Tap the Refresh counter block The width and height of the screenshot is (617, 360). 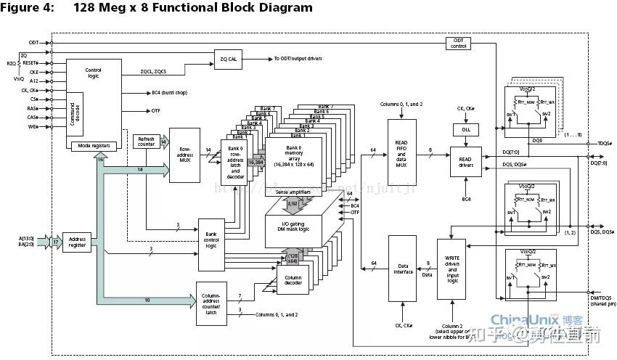[147, 142]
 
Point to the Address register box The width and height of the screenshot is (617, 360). [78, 242]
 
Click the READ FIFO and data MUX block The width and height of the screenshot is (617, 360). [401, 152]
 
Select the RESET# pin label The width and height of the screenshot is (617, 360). [30, 63]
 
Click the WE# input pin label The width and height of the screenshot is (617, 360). [33, 128]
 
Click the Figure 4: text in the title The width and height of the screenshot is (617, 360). [30, 8]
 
